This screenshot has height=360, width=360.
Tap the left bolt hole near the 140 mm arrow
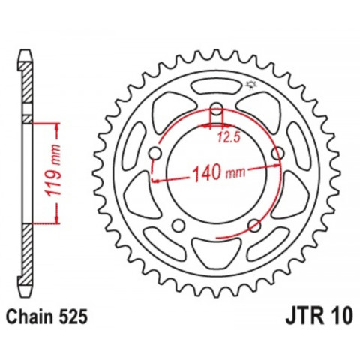(155, 154)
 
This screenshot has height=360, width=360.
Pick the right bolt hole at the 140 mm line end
(278, 154)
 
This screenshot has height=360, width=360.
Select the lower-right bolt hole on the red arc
(255, 225)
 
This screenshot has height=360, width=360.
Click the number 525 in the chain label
(76, 316)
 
